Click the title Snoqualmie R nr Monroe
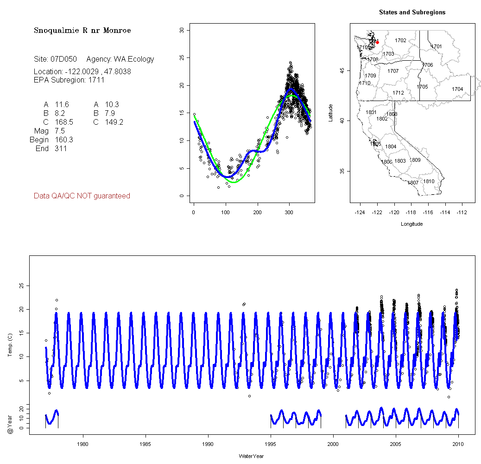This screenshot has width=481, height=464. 82,31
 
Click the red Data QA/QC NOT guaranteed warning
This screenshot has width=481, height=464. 82,196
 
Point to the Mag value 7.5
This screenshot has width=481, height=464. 60,131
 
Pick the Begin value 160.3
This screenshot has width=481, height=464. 64,140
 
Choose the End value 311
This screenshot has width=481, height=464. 61,149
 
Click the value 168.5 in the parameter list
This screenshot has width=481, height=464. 64,122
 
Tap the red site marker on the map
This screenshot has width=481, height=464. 378,42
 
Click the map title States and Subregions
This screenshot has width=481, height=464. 412,13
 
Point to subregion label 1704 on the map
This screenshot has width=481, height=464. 457,89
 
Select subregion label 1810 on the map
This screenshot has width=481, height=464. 429,181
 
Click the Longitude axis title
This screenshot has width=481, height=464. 411,224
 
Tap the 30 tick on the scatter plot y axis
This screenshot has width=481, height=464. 182,31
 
